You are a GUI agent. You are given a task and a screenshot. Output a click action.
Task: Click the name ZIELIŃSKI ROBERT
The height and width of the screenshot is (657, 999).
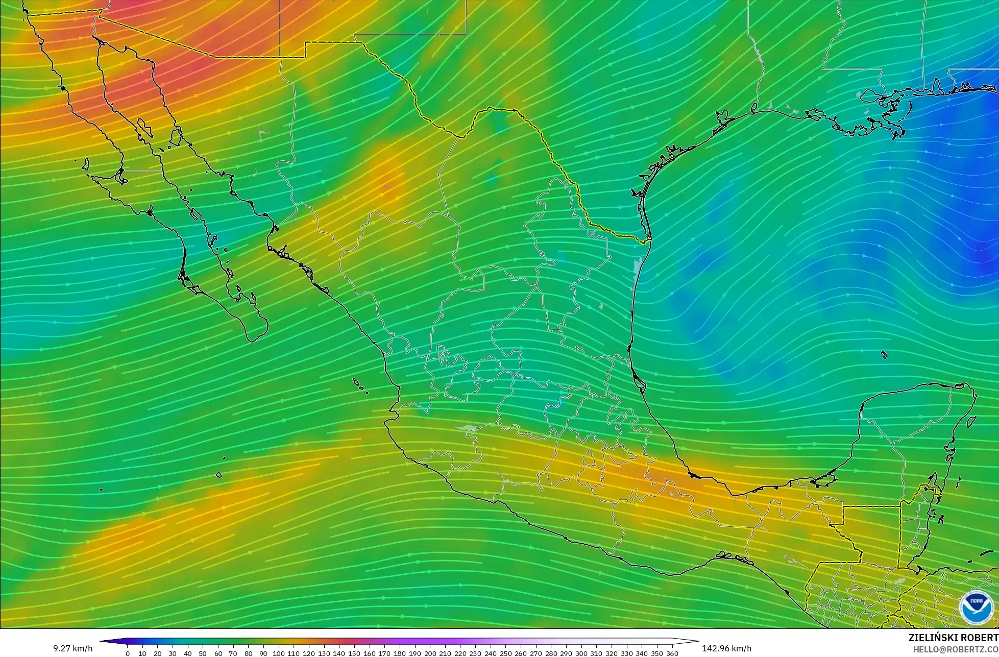953,638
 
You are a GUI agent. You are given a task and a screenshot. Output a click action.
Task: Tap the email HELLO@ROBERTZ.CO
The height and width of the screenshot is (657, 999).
956,649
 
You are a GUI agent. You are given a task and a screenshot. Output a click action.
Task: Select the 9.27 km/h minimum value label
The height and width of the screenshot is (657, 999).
73,649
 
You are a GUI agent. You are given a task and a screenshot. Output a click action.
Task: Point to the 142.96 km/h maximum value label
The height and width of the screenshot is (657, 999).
726,649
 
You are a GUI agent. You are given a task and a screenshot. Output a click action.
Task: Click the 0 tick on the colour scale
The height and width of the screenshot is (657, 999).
127,653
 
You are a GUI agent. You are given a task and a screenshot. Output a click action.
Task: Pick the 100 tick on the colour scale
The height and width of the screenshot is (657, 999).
279,653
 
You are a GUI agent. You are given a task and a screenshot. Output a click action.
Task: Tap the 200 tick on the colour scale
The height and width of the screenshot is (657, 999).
430,653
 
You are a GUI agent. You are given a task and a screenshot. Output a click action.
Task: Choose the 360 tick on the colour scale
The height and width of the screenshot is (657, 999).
672,653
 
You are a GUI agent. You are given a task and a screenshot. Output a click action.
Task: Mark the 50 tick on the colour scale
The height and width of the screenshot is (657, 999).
203,653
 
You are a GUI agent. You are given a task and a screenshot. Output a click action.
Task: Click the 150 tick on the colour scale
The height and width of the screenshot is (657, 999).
354,653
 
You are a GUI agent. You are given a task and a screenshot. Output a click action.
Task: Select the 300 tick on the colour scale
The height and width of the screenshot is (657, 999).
581,653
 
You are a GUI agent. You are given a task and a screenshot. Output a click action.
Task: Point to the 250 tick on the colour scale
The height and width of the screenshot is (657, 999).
506,653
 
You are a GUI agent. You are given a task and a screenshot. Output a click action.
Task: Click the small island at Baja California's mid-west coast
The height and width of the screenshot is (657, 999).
85,164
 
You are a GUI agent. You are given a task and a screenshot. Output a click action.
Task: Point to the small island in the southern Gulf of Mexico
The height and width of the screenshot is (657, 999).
884,355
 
